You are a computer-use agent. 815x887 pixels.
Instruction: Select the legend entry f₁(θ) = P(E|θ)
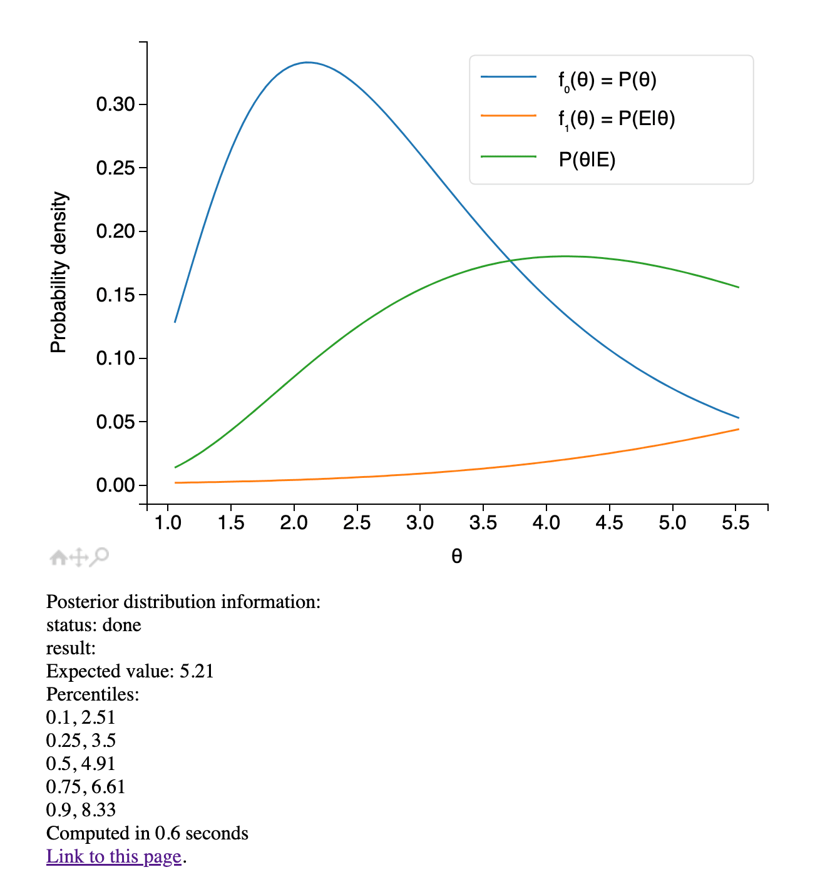pyautogui.click(x=617, y=119)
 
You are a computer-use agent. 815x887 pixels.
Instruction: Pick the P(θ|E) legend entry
pyautogui.click(x=587, y=160)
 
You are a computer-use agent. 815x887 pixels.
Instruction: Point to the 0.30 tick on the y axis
pyautogui.click(x=116, y=104)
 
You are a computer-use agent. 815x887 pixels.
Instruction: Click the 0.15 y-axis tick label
pyautogui.click(x=116, y=295)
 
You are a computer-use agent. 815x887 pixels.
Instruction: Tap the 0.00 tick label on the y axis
pyautogui.click(x=116, y=485)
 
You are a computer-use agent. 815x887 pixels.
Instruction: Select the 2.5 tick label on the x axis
pyautogui.click(x=357, y=523)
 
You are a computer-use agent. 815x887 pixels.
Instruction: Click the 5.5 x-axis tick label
pyautogui.click(x=736, y=523)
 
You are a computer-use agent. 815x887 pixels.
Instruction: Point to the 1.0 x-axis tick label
pyautogui.click(x=168, y=523)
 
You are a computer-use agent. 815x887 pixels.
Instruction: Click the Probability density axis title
pyautogui.click(x=58, y=273)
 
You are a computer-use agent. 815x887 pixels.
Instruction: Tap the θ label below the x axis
pyautogui.click(x=456, y=556)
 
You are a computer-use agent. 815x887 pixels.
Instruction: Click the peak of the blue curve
pyautogui.click(x=307, y=63)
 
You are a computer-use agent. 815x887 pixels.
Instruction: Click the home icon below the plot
pyautogui.click(x=58, y=557)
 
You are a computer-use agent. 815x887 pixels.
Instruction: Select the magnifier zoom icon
pyautogui.click(x=99, y=556)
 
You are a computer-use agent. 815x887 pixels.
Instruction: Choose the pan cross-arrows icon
pyautogui.click(x=78, y=557)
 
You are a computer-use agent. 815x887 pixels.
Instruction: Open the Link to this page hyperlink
pyautogui.click(x=114, y=856)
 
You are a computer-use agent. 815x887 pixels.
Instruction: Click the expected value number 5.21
pyautogui.click(x=197, y=671)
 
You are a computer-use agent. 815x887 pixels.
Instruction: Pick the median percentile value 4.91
pyautogui.click(x=98, y=764)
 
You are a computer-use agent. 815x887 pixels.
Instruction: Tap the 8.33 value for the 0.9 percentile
pyautogui.click(x=99, y=810)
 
